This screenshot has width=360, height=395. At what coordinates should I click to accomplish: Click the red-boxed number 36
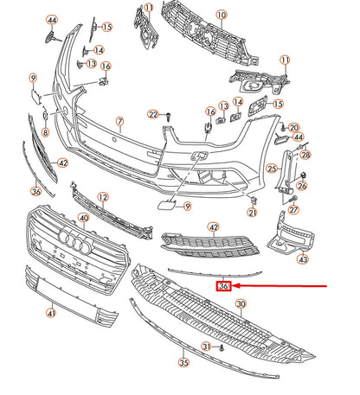point(224,286)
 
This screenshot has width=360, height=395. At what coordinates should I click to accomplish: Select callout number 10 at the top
point(221,15)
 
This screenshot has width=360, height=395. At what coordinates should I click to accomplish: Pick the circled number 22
point(152,114)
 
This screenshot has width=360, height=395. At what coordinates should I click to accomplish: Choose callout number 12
point(103,198)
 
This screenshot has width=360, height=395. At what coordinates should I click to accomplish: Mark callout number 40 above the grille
point(83,219)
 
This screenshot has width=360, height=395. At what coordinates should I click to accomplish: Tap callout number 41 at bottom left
point(50,313)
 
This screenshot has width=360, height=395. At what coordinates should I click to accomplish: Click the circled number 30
point(241,303)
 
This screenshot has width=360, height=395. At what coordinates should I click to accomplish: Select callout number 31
point(206,347)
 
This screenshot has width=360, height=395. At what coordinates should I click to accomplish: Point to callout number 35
point(183,363)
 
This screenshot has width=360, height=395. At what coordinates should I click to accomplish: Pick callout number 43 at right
point(302,258)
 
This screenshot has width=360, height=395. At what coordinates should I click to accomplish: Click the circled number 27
point(293,210)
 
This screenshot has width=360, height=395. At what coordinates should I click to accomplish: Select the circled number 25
point(271,169)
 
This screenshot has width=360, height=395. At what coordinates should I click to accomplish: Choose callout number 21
point(253,213)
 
